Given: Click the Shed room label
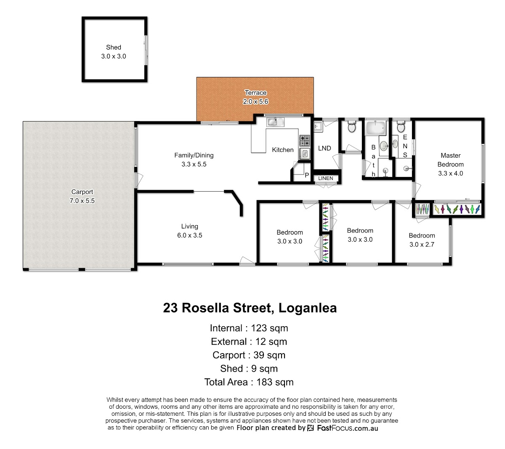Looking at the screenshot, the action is pos(113,48).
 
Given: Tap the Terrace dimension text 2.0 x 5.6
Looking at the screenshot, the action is pos(255,102).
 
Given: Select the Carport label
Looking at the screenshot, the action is pos(82,192).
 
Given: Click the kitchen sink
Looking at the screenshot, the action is pos(275,122).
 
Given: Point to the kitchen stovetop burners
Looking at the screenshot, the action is pos(304,140).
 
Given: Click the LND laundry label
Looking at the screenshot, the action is pos(324,148).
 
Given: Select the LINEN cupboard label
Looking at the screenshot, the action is pos(326,178).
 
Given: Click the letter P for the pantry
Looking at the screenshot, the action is pos(307,175).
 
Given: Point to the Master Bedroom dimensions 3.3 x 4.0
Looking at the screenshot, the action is pos(450,173).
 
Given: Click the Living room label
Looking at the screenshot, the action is pos(190,226).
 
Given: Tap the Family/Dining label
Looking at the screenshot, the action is pos(194,156).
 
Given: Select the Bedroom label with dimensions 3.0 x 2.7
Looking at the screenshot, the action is pos(422,235).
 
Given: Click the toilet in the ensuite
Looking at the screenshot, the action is pos(401,127).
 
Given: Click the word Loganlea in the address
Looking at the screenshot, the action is pos(307,308).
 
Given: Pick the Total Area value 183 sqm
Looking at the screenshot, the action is pos(275,382).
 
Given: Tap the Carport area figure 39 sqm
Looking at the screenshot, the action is pos(269,355).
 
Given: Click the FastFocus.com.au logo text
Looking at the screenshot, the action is pos(348,428).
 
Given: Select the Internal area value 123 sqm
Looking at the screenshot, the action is pos(269,328).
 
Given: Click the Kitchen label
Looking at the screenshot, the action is pos(283,150).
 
